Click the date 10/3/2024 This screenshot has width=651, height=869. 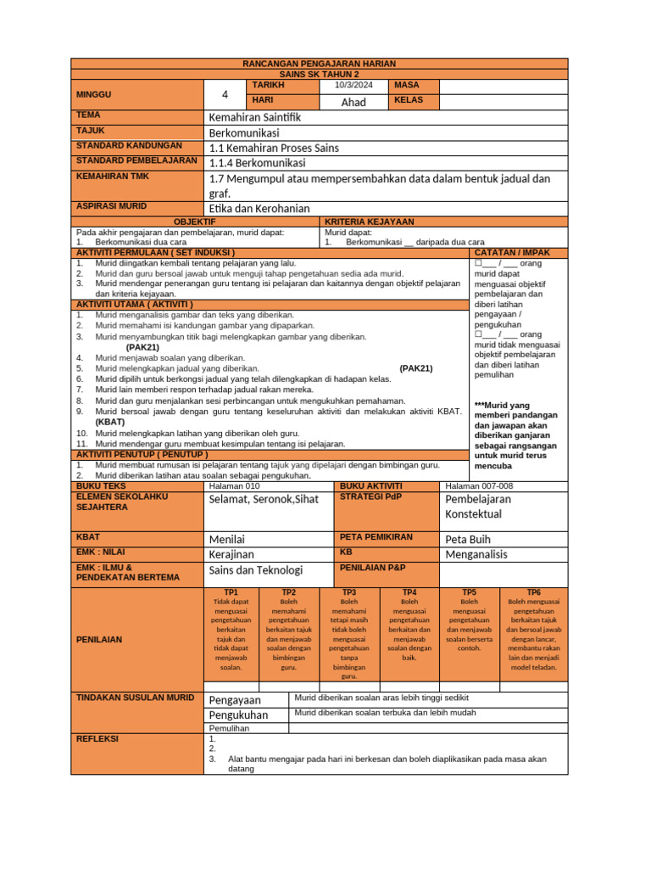coord(353,86)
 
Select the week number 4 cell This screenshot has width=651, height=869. coord(225,94)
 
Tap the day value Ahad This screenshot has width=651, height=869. coord(353,102)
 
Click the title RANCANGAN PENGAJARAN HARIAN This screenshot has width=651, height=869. coord(319,64)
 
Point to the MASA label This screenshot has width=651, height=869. coord(405,86)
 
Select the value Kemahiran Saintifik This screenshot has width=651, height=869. coord(254,116)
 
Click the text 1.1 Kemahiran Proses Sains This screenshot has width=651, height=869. coord(273,148)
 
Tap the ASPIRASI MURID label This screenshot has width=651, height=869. coord(111,206)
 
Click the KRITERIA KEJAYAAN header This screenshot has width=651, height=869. coord(370,221)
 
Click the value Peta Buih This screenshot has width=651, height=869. coord(468,539)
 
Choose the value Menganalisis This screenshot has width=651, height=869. coord(476,554)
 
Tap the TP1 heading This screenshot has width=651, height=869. coord(231,591)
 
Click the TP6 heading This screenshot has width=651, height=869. coord(533,591)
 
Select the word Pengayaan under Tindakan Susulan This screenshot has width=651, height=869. coord(235,700)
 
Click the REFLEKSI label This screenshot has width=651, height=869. coord(97,739)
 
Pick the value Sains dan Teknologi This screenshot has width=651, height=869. coord(256,570)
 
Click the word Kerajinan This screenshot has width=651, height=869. coord(231,554)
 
